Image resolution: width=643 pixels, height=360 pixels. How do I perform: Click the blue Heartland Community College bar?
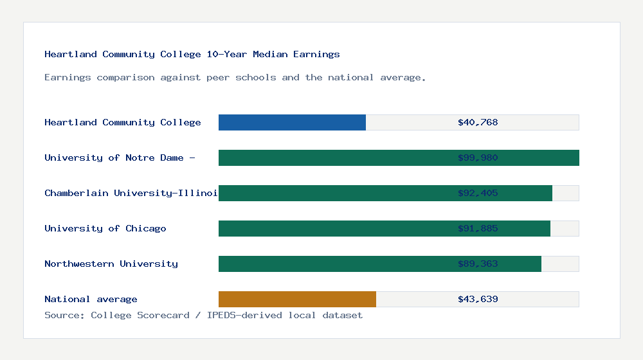tap(292, 122)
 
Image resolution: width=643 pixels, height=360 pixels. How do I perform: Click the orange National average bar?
tap(297, 299)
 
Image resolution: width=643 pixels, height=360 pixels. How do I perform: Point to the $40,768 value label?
tap(478, 122)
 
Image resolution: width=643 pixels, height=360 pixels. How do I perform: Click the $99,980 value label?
tap(478, 157)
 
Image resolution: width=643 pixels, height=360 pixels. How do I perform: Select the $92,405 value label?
tap(478, 193)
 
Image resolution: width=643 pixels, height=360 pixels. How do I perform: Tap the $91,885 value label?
tap(478, 228)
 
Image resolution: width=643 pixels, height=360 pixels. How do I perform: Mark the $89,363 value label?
tap(478, 264)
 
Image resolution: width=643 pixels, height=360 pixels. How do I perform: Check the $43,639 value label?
tap(478, 299)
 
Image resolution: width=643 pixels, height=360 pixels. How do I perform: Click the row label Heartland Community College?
tap(122, 122)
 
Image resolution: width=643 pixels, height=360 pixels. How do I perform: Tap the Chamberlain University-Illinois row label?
tap(131, 193)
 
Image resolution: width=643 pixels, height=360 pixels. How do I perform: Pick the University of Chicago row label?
tap(105, 228)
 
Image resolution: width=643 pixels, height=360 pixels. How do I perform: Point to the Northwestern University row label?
tap(111, 264)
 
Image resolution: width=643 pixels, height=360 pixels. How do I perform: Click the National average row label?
tap(91, 299)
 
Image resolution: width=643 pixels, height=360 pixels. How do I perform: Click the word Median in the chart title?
tap(269, 54)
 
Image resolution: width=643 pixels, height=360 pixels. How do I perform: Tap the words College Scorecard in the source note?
tap(140, 315)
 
